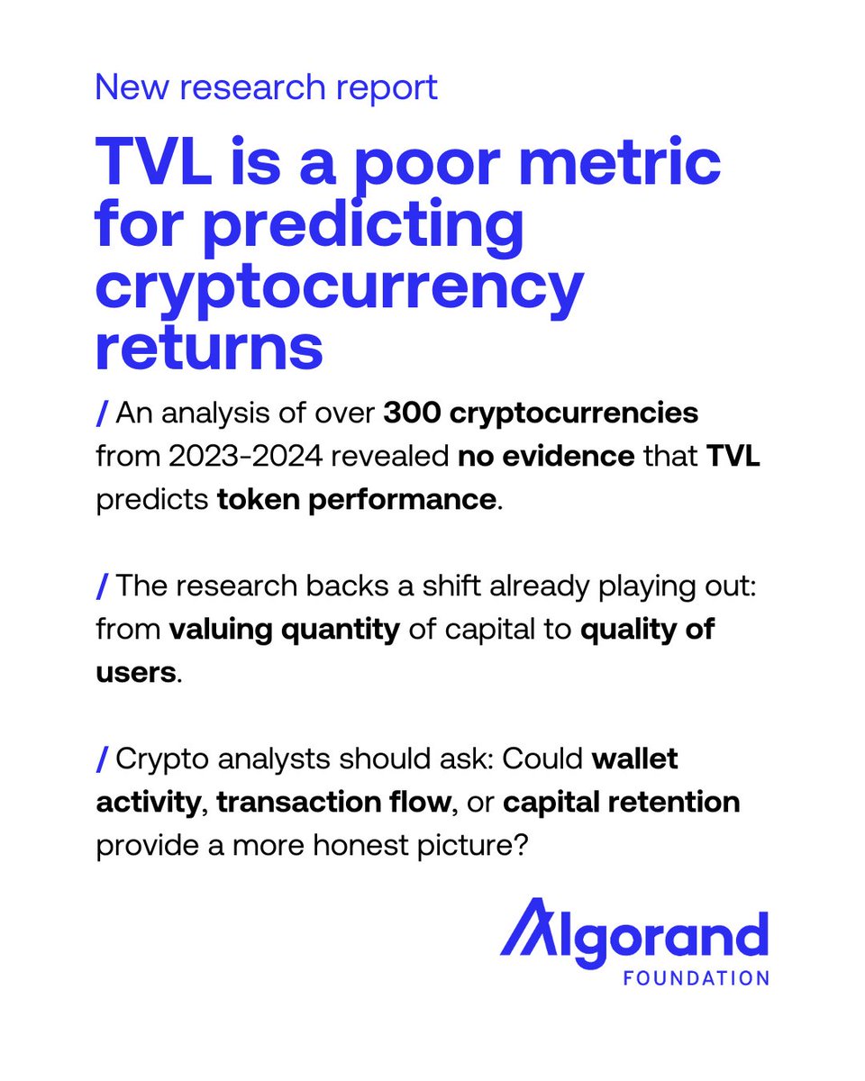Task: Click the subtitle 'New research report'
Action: coord(267,89)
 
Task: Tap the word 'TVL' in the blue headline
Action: coord(153,162)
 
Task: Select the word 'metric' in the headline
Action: coord(619,160)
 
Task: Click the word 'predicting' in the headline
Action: coord(363,227)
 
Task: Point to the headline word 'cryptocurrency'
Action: coord(340,291)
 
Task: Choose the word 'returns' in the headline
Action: coord(209,346)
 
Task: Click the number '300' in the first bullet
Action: coord(412,413)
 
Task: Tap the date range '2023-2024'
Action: coord(245,457)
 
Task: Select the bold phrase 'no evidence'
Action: coord(546,457)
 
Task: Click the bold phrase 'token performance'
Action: coord(357,500)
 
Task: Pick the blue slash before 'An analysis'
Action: coord(102,413)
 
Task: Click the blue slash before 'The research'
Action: coord(102,586)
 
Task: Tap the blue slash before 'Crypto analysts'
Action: coord(102,759)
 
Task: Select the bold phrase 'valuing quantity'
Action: coord(285,631)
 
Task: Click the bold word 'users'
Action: coord(136,674)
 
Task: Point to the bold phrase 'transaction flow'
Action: coord(333,803)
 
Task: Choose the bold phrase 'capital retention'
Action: coord(621,804)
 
